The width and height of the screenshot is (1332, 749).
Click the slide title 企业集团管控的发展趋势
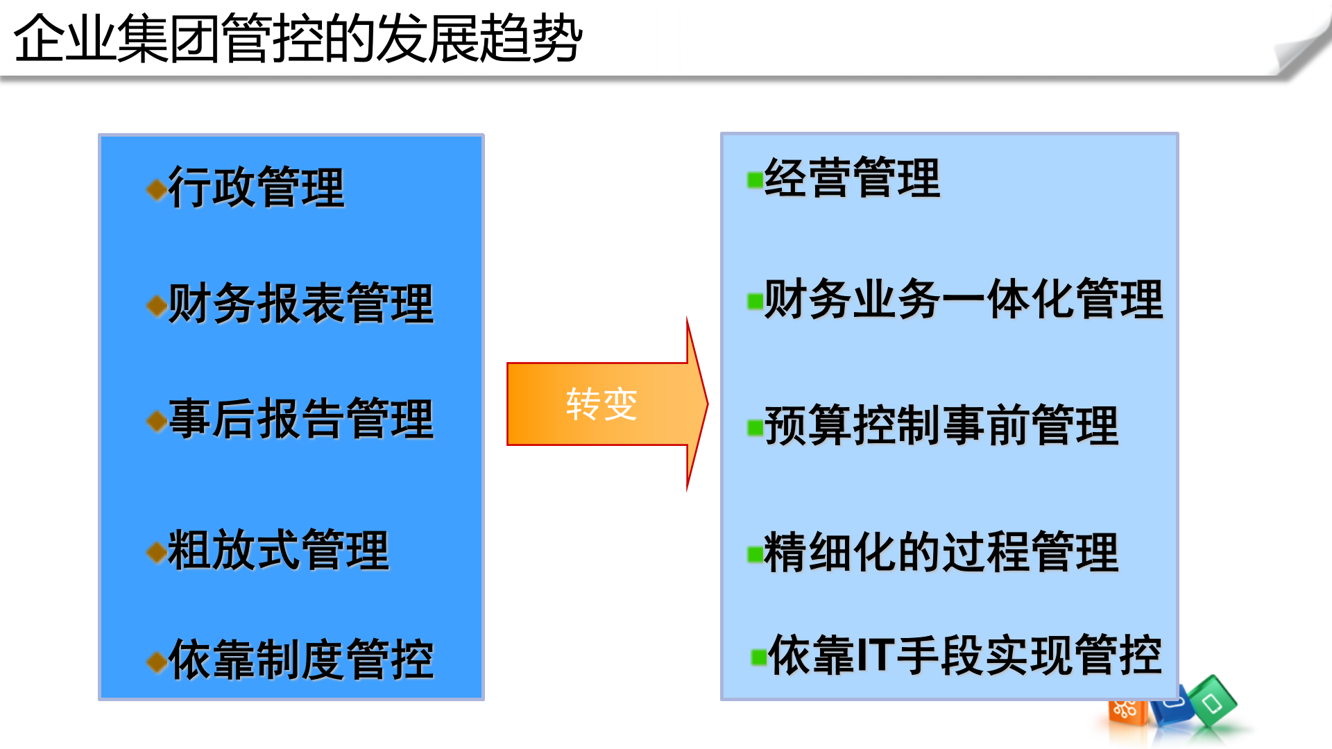click(x=298, y=39)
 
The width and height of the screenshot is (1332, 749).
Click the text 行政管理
click(x=256, y=187)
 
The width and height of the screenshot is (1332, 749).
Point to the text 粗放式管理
click(x=278, y=550)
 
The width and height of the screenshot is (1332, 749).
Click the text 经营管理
click(x=852, y=178)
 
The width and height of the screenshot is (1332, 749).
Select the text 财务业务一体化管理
click(x=963, y=300)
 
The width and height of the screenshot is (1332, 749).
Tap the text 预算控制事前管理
click(x=941, y=425)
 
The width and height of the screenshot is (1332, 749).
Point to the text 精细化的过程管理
click(x=941, y=553)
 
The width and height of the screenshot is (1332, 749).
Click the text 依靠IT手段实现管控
click(x=964, y=655)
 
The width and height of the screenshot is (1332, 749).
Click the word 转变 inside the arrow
click(x=601, y=404)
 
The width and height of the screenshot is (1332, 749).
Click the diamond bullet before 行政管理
click(x=157, y=189)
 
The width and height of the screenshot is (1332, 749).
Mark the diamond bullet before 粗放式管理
click(x=157, y=552)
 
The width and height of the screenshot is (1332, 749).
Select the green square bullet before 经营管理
click(x=754, y=180)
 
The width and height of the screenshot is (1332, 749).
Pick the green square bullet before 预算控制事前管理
click(x=754, y=428)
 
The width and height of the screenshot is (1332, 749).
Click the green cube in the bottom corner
click(x=1213, y=702)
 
